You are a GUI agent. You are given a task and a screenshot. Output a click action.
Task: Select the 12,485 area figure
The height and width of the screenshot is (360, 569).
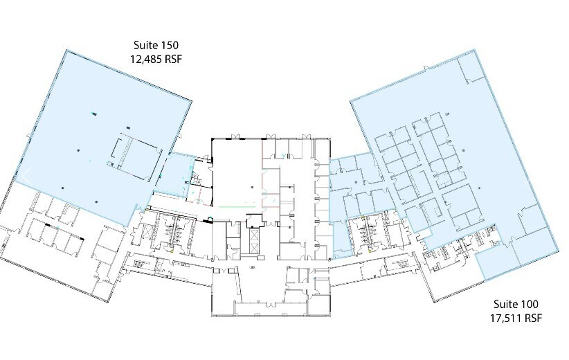pyautogui.click(x=145, y=59)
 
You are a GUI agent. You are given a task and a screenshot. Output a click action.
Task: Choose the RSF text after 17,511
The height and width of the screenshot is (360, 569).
pyautogui.click(x=531, y=318)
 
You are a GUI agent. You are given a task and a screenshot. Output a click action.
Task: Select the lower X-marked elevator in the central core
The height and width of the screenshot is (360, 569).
pyautogui.click(x=254, y=248)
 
